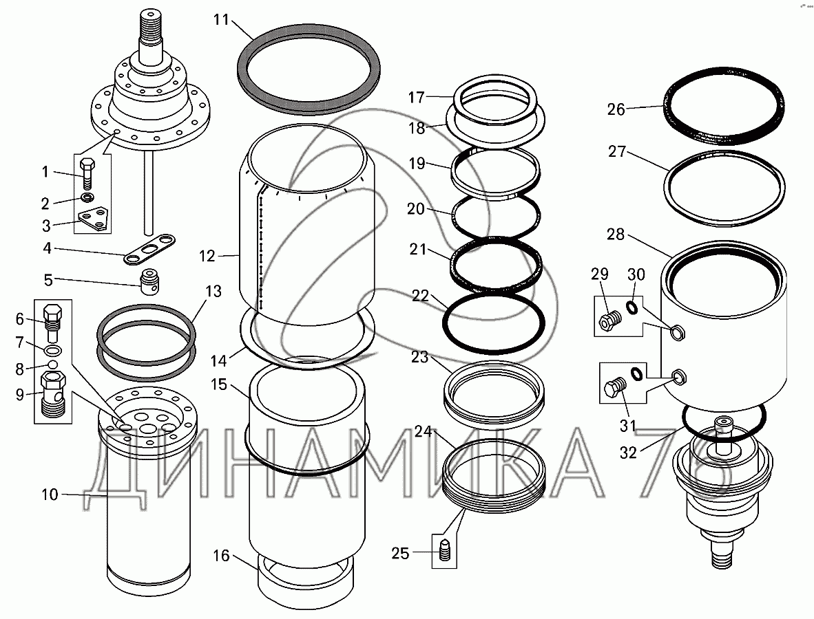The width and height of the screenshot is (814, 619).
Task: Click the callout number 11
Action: pyautogui.click(x=221, y=20)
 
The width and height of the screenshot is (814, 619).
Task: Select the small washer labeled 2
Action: pyautogui.click(x=87, y=197)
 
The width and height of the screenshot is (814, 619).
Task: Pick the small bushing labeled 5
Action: pyautogui.click(x=151, y=281)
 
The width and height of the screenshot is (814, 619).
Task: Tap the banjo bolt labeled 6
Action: pyautogui.click(x=52, y=321)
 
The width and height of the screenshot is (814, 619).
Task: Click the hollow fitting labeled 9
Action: pyautogui.click(x=53, y=393)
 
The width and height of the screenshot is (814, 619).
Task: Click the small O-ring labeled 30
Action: pyautogui.click(x=632, y=308)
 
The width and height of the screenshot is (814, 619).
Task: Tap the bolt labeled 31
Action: pyautogui.click(x=616, y=388)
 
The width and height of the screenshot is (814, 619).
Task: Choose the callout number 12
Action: pyautogui.click(x=207, y=256)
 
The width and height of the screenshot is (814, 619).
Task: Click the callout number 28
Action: pyautogui.click(x=616, y=235)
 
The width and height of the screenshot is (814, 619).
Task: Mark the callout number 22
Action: pyautogui.click(x=421, y=296)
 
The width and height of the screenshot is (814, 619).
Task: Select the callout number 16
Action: pyautogui.click(x=220, y=555)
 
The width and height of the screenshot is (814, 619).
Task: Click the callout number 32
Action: pyautogui.click(x=628, y=453)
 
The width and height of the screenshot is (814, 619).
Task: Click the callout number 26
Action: pyautogui.click(x=616, y=109)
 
